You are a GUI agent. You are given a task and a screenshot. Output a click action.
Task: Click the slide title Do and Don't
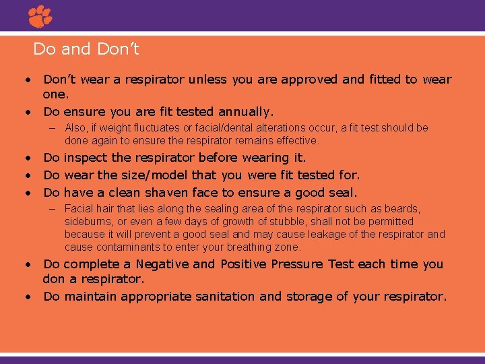86,49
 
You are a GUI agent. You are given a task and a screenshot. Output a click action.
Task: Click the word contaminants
123,247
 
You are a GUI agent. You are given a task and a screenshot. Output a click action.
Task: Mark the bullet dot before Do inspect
30,158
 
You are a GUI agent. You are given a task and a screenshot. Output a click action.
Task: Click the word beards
403,209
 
